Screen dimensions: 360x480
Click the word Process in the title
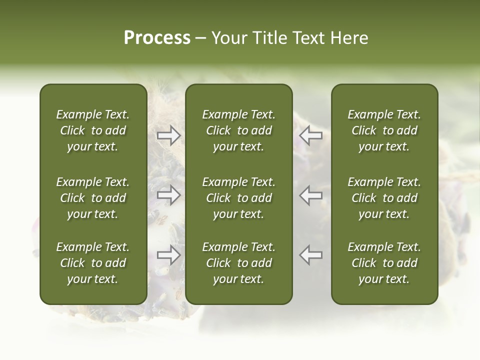157,38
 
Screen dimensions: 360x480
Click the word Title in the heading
269,38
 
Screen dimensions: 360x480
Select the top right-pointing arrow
169,135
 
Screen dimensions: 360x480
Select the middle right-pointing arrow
169,195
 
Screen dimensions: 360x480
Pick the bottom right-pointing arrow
169,255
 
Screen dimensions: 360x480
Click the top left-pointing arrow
310,135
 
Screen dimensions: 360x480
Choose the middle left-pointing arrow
310,195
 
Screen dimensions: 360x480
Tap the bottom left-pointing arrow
310,255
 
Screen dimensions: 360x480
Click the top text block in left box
93,130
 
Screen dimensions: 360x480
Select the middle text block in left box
93,198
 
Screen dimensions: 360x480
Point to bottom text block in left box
93,263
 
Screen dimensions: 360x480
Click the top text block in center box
238,130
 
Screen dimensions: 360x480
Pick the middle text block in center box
238,198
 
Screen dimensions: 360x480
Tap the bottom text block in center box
238,263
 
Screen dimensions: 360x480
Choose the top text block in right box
384,130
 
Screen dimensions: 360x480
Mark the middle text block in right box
384,198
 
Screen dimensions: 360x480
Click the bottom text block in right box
384,263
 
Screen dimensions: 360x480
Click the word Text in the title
309,38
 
